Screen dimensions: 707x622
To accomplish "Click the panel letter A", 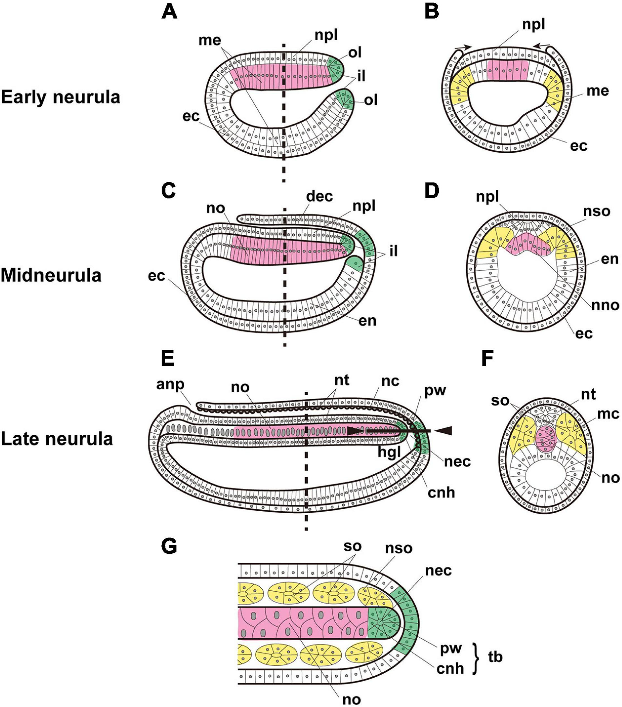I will click(x=170, y=13).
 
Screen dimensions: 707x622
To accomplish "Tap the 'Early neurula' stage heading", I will click(x=61, y=97).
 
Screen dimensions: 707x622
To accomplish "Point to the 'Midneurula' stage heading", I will click(x=51, y=276).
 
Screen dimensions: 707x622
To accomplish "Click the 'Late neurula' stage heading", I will click(x=57, y=439).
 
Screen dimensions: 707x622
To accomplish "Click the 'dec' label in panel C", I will click(x=319, y=196).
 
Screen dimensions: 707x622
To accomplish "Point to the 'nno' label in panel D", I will click(x=605, y=305).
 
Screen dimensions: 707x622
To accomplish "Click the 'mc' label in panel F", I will click(x=610, y=414).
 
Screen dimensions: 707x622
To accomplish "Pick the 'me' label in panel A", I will click(x=210, y=40).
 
